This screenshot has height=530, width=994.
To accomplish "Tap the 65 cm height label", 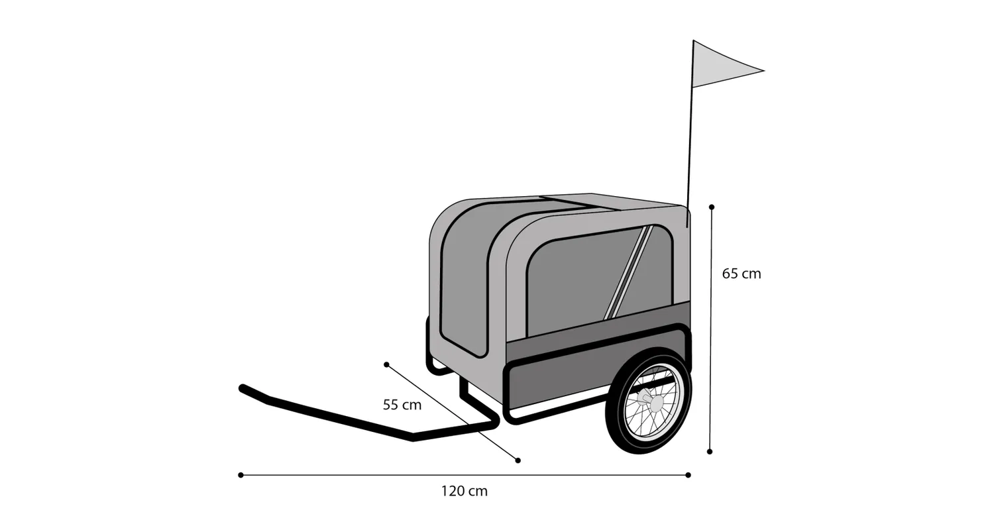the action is [x=742, y=274].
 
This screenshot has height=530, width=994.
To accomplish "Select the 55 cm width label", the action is [x=402, y=405].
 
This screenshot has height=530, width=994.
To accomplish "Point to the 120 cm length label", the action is [x=464, y=491].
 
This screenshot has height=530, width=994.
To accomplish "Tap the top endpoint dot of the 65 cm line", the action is [x=712, y=207].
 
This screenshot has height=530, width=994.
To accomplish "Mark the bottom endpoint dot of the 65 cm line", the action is [x=710, y=452].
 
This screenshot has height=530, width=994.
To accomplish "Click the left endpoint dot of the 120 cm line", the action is [x=241, y=475].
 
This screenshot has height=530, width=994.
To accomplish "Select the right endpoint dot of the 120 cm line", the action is [x=689, y=475].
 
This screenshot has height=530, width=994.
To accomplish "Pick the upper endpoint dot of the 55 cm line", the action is [x=386, y=364].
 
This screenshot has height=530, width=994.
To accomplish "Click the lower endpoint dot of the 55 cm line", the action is [x=518, y=460].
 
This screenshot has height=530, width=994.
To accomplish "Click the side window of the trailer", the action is [x=600, y=280].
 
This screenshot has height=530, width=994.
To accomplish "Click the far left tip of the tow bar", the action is [x=242, y=388].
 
